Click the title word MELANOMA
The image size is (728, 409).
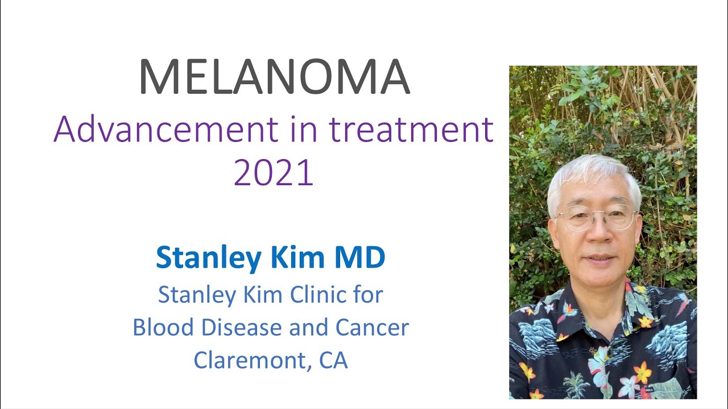tap(274, 77)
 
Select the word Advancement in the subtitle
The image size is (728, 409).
tap(165, 130)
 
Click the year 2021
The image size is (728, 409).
tap(274, 173)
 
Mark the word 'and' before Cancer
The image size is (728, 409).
tap(304, 328)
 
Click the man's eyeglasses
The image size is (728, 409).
tap(596, 219)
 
